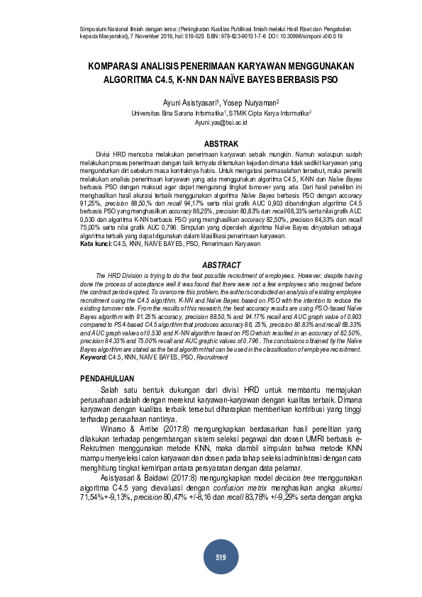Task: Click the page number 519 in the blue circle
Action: tap(221, 558)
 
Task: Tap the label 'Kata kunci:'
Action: tap(96, 244)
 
